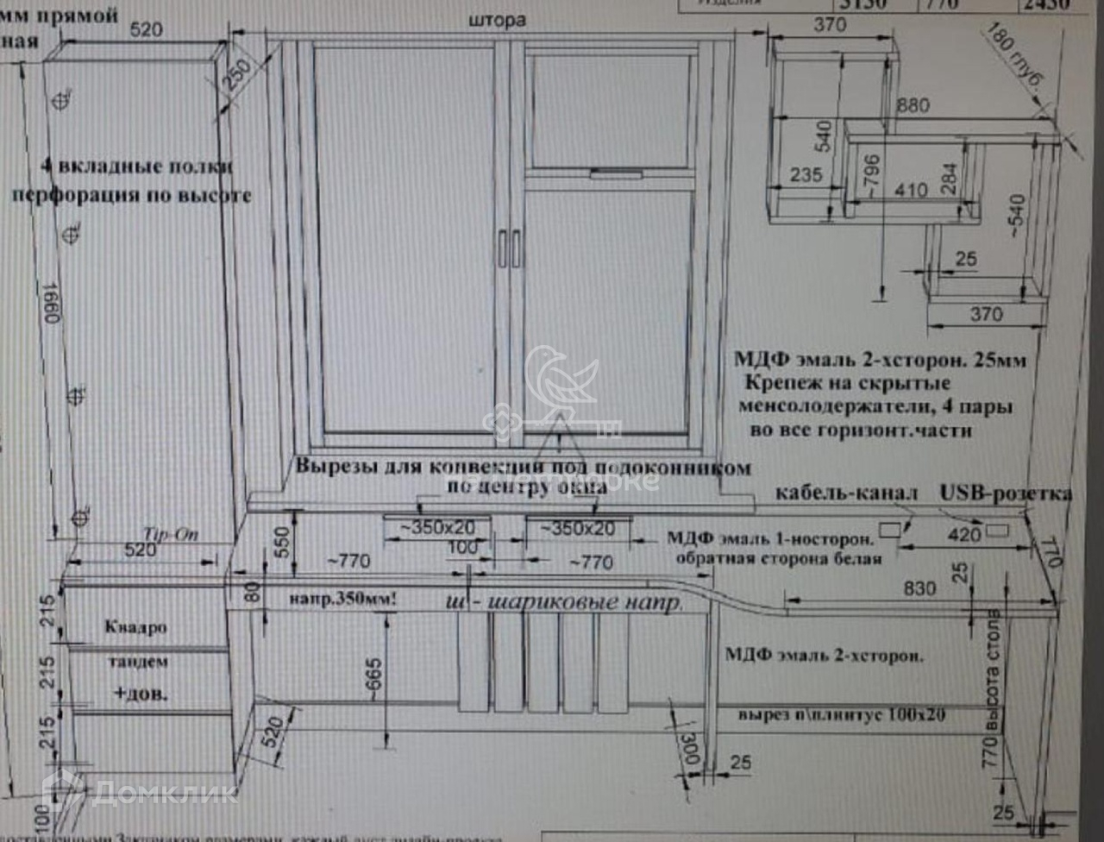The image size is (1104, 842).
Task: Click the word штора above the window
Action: (x=498, y=20)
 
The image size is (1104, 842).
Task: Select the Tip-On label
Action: (x=170, y=534)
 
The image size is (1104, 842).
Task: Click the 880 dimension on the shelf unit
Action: (x=913, y=105)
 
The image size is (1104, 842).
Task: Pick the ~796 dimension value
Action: (x=871, y=177)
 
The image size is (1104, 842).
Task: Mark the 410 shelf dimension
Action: (x=911, y=190)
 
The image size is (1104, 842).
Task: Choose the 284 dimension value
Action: (x=950, y=178)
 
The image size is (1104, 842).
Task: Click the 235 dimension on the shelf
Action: (x=806, y=174)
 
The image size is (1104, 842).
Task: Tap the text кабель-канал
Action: (x=846, y=493)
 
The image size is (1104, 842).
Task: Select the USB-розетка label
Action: (x=1006, y=493)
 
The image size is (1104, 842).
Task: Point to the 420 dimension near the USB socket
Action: (x=964, y=535)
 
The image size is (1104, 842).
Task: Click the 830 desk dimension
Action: (x=919, y=588)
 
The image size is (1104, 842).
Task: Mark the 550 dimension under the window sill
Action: (x=282, y=542)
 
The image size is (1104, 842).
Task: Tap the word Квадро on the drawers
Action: (x=135, y=627)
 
